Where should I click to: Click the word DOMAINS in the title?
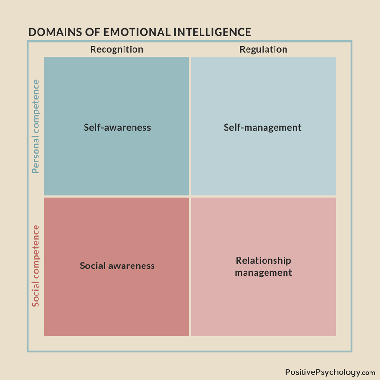[55, 32]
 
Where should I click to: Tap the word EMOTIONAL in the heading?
[137, 32]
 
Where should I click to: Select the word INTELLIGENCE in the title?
[212, 32]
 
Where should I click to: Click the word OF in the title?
[93, 32]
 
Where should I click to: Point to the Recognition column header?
[116, 49]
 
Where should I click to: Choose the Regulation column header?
[264, 49]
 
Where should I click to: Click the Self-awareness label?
[117, 127]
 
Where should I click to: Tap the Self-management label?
[263, 128]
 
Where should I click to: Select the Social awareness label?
[117, 266]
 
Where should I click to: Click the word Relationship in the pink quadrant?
[264, 261]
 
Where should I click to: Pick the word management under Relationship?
[264, 273]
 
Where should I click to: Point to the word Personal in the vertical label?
[36, 155]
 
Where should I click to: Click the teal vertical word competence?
[36, 106]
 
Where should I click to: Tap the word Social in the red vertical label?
[36, 294]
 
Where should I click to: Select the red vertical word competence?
[36, 252]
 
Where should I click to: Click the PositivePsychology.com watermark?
[330, 372]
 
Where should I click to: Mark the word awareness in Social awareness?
[132, 266]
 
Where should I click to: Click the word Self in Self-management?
[232, 127]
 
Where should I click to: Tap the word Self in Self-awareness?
[92, 127]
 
